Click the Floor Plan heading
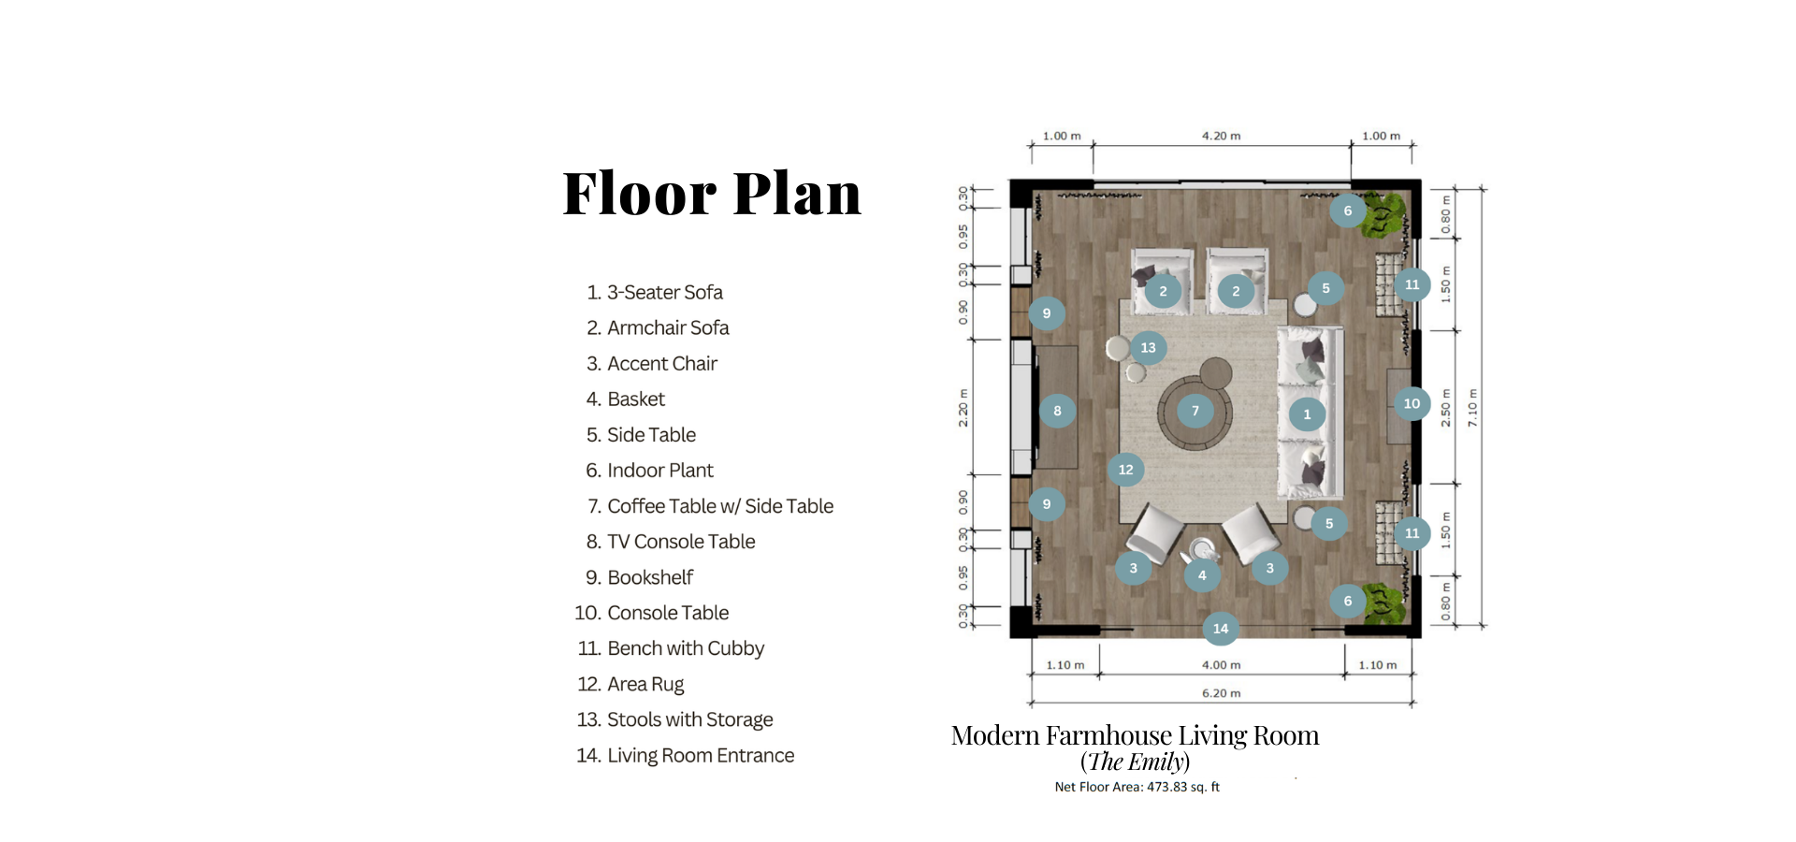712,194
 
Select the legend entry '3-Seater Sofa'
665,292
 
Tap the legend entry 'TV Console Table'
681,542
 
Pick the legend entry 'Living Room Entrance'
701,755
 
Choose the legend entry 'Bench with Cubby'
686,648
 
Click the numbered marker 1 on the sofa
1307,414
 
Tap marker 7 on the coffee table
1195,411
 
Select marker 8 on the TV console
1057,411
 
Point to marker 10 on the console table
1412,404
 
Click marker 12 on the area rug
1125,470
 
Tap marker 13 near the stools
1148,348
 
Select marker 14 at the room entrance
1221,629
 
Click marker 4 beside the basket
1202,575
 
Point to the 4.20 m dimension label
1222,136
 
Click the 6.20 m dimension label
1222,693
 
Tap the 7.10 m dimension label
1472,408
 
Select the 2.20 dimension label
963,409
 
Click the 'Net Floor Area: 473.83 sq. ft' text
1137,787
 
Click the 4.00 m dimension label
1222,665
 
